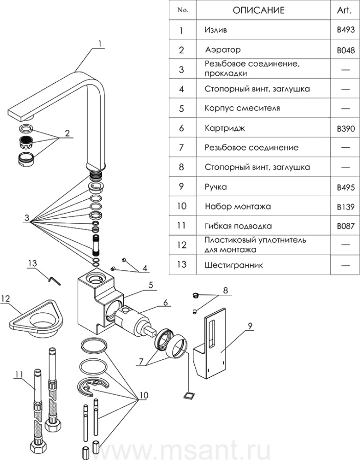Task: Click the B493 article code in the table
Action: pos(346,31)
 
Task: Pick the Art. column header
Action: pos(346,10)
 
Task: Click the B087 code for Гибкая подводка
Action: pos(346,226)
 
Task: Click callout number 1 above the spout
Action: pos(100,43)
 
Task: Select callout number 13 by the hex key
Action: pos(33,263)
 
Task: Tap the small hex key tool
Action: pos(53,279)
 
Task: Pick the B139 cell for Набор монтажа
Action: pos(346,207)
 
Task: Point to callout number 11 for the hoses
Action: pos(19,375)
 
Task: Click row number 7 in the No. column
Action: pos(181,148)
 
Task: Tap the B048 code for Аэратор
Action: pos(346,51)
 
